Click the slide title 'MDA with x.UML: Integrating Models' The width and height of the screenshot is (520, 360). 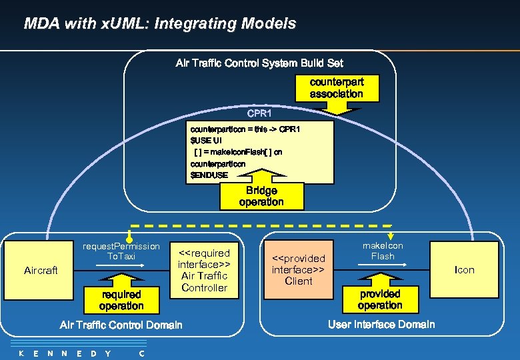(160, 24)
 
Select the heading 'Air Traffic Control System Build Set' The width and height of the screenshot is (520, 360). (259, 63)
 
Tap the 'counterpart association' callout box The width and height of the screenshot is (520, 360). (336, 87)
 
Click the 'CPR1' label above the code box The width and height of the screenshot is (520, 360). (259, 113)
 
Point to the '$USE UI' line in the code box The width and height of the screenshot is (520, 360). (206, 141)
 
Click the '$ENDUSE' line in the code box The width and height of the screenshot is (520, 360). (209, 175)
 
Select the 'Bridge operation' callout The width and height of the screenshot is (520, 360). (261, 196)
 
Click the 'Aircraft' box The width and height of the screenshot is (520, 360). (41, 270)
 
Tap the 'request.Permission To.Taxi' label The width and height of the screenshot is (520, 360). (121, 251)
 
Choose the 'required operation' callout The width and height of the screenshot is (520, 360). (121, 300)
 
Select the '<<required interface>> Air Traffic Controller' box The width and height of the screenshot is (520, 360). (204, 270)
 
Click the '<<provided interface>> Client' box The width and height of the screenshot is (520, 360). (298, 269)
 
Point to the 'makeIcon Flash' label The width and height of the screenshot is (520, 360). (383, 251)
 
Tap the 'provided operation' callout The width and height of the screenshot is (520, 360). (380, 299)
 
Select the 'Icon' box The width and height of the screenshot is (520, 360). (464, 270)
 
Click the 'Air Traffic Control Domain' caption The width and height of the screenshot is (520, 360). (121, 325)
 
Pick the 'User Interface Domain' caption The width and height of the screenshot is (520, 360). (381, 325)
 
